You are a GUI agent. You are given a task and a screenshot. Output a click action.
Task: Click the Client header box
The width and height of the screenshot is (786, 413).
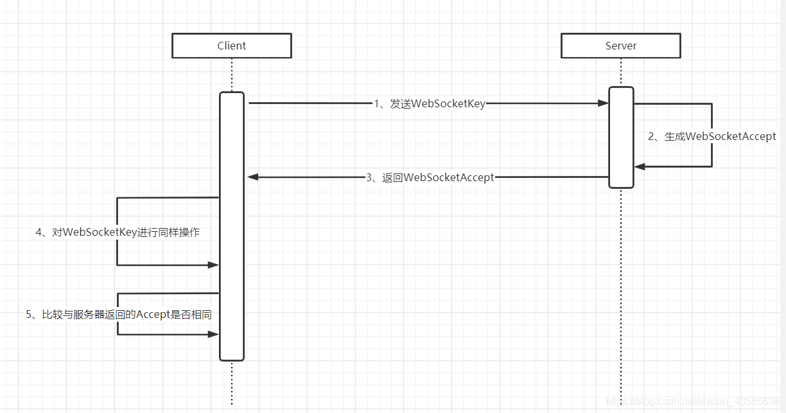pyautogui.click(x=231, y=46)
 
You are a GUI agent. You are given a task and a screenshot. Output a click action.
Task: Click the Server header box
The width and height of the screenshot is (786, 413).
pyautogui.click(x=620, y=46)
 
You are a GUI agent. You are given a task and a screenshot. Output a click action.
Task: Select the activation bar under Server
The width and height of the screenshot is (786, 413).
pyautogui.click(x=621, y=137)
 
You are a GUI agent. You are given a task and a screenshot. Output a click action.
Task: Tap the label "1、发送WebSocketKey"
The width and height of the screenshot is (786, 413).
pyautogui.click(x=430, y=104)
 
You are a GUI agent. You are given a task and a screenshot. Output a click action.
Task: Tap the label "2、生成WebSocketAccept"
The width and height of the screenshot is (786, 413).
pyautogui.click(x=712, y=136)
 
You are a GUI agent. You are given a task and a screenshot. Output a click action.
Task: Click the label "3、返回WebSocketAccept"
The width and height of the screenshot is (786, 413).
pyautogui.click(x=430, y=177)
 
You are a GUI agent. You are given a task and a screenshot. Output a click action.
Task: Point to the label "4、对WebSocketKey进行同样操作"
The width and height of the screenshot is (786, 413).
pyautogui.click(x=118, y=232)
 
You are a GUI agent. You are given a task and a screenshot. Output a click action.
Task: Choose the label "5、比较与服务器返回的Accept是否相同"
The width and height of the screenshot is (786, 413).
pyautogui.click(x=119, y=314)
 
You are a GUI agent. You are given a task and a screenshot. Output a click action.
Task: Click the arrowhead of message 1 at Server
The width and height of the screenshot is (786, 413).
pyautogui.click(x=603, y=103)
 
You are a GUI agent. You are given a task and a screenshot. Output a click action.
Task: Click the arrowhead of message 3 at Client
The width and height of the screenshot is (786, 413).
pyautogui.click(x=253, y=177)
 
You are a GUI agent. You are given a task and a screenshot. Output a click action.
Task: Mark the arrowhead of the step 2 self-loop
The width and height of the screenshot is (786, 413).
pyautogui.click(x=640, y=166)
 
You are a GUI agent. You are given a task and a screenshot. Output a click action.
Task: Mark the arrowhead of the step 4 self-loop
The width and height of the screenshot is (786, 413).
pyautogui.click(x=213, y=265)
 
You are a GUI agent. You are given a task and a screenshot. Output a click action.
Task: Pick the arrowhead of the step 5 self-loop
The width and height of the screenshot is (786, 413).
pyautogui.click(x=213, y=334)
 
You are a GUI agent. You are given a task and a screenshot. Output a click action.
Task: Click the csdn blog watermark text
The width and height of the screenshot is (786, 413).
pyautogui.click(x=694, y=401)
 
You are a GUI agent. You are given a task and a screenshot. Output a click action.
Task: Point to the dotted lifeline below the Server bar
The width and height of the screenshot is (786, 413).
pyautogui.click(x=621, y=289)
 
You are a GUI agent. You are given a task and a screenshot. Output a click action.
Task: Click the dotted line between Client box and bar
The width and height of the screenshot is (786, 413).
pyautogui.click(x=232, y=75)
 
